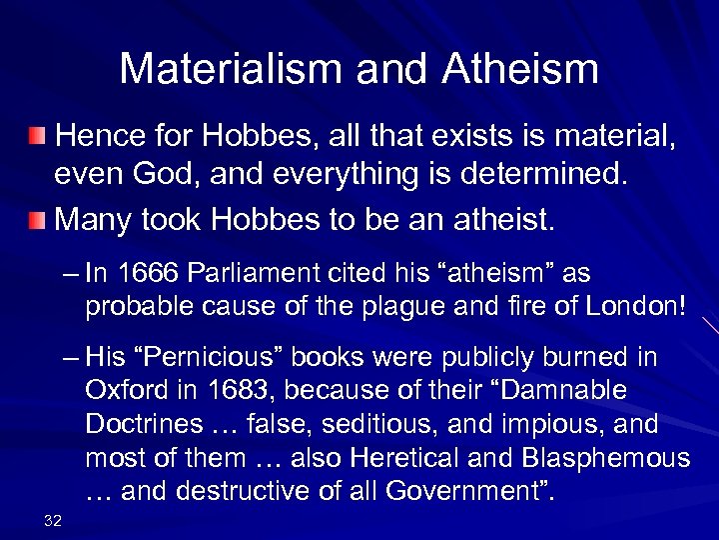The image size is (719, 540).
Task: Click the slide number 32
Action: point(53,518)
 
